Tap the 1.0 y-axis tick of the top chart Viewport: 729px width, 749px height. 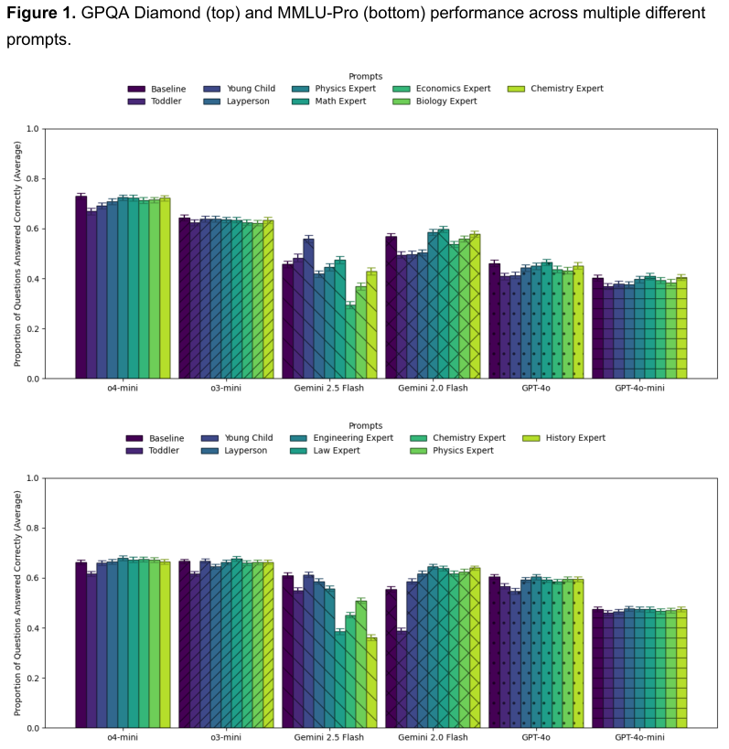pyautogui.click(x=32, y=129)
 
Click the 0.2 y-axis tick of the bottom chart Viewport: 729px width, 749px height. pyautogui.click(x=32, y=678)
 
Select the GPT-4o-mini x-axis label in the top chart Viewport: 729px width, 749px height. pyautogui.click(x=639, y=388)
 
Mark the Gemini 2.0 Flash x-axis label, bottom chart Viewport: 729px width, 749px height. pyautogui.click(x=433, y=737)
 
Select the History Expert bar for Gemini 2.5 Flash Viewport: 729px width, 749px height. pyautogui.click(x=371, y=681)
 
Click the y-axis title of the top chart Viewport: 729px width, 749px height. pyautogui.click(x=16, y=253)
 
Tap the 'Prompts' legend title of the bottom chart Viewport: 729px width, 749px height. pyautogui.click(x=365, y=425)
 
